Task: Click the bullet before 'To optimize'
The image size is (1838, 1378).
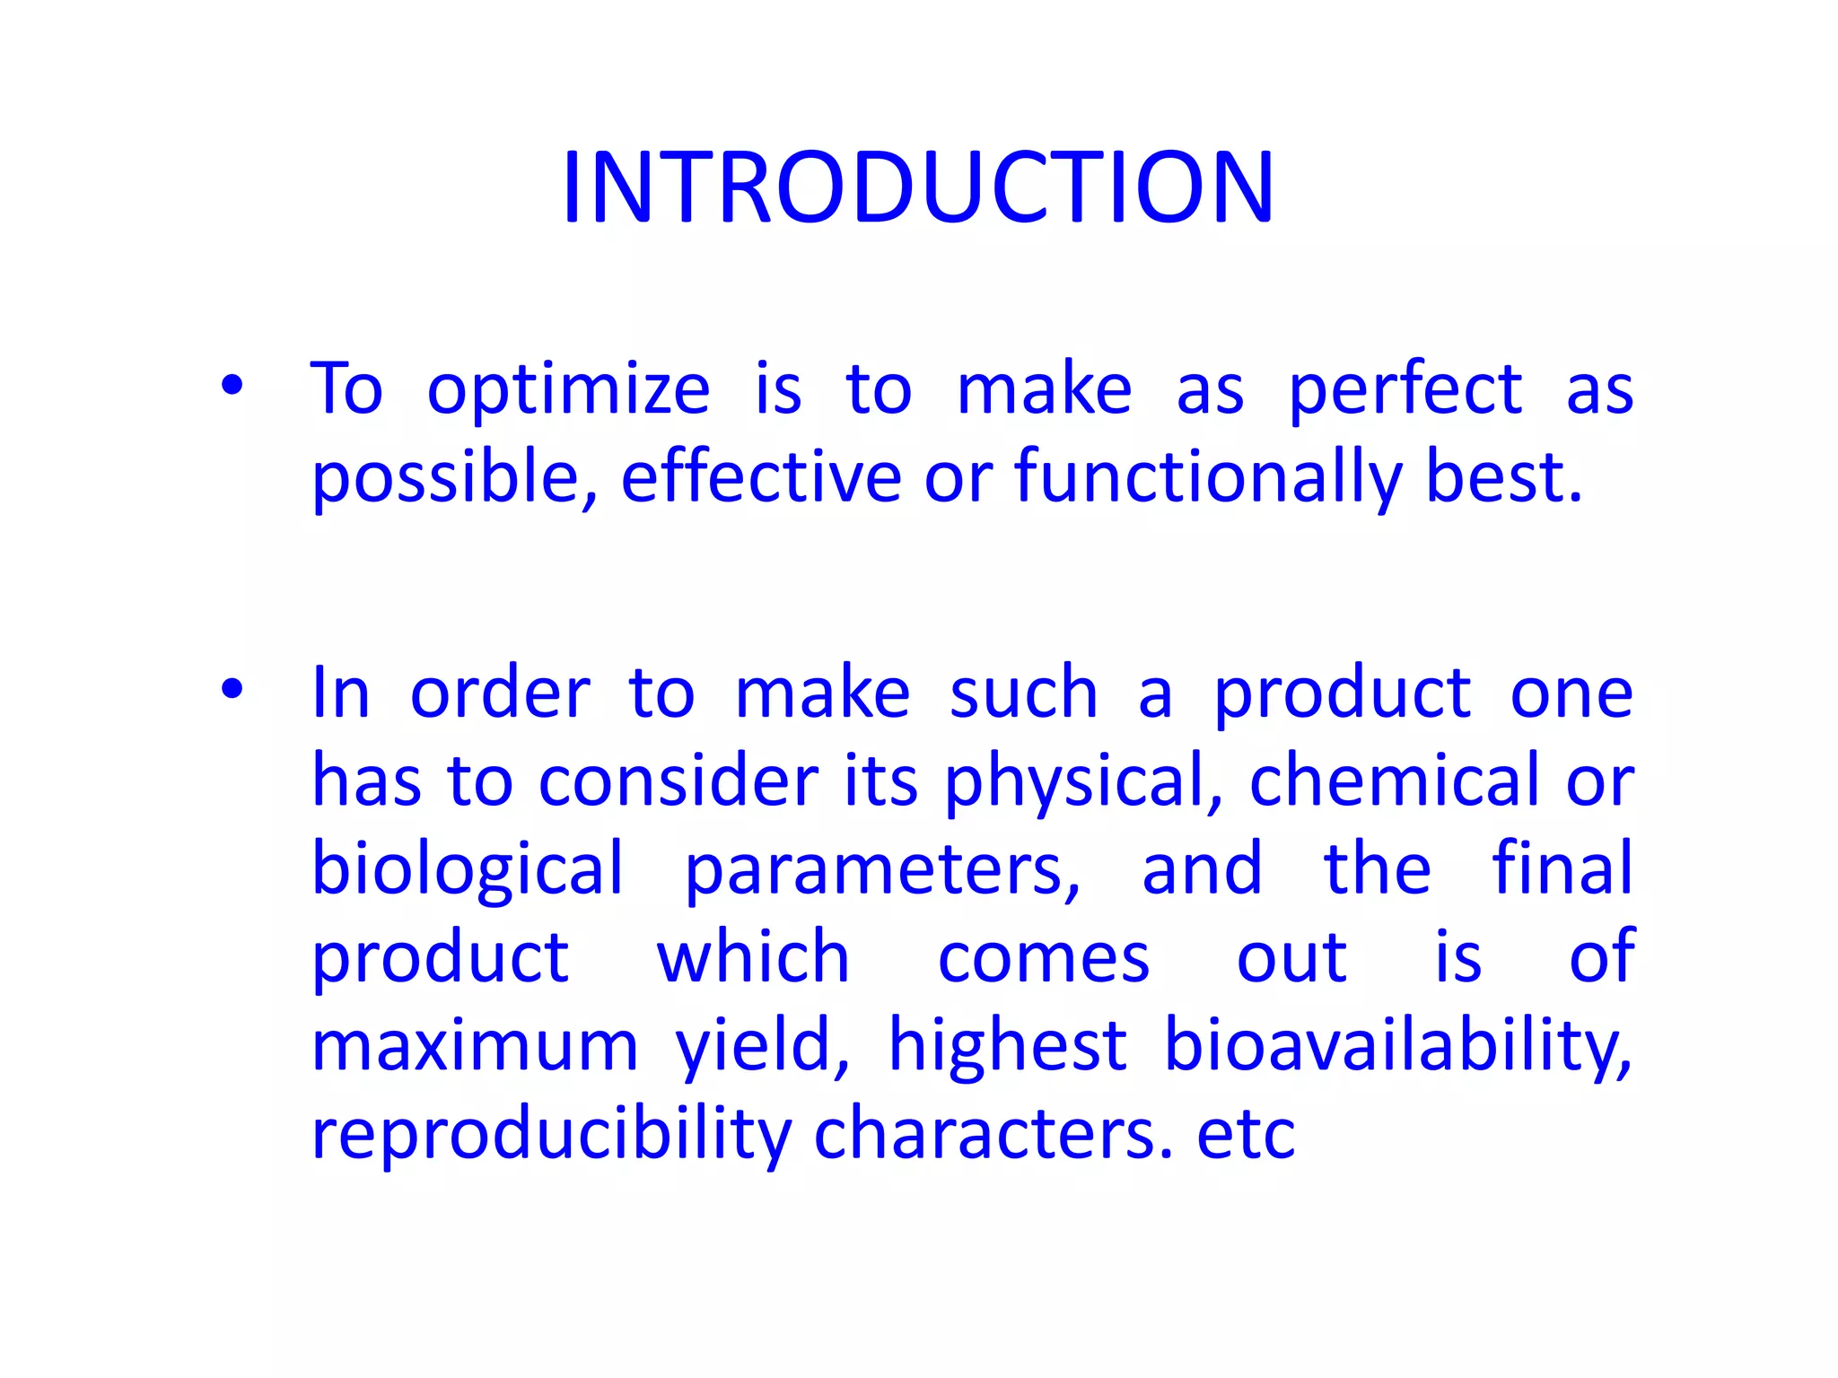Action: tap(232, 387)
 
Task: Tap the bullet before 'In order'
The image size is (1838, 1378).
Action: tap(232, 690)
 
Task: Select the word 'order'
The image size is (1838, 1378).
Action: tap(500, 693)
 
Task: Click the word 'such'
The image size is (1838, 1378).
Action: tap(1023, 693)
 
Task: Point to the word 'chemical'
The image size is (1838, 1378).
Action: tap(1395, 781)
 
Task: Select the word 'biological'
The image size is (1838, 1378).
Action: tap(467, 870)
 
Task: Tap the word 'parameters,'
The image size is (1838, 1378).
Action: tap(883, 870)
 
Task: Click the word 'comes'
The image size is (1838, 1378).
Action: tap(1043, 958)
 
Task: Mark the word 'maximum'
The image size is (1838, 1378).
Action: tap(474, 1046)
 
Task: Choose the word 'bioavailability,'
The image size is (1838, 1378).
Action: tap(1397, 1046)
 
